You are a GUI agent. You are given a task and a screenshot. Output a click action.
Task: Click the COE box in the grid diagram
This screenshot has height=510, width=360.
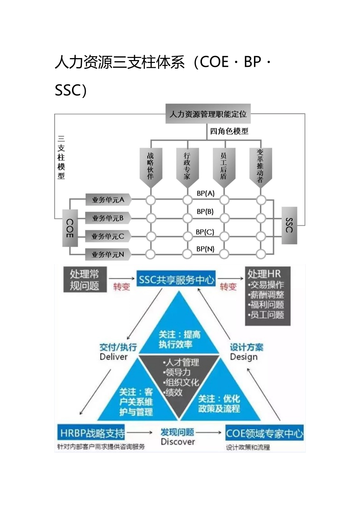tap(70, 228)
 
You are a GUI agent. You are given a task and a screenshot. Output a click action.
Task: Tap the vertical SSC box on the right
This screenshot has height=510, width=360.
tap(289, 225)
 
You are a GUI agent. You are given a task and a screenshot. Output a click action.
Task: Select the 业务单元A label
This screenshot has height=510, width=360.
tap(108, 200)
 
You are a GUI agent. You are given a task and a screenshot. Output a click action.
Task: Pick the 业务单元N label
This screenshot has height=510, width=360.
tap(108, 254)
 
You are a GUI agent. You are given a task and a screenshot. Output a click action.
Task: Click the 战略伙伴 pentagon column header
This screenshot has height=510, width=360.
tap(151, 166)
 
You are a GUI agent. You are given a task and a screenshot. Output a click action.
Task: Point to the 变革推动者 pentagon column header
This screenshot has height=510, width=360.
tap(260, 166)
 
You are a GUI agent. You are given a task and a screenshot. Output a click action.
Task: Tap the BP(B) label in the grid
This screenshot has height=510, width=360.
tap(205, 212)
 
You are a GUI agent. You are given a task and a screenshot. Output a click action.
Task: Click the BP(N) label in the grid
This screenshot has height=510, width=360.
tap(205, 249)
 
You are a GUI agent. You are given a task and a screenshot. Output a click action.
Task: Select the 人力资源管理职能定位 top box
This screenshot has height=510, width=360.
tap(208, 114)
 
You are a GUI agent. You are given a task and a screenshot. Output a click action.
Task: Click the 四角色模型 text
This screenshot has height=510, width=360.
tap(229, 131)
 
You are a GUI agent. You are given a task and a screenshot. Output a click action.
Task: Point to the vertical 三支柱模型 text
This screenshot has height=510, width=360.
tap(61, 157)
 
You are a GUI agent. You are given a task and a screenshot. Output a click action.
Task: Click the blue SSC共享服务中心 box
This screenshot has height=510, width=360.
tap(176, 280)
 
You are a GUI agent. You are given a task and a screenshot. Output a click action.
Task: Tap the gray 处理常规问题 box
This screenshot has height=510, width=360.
tap(84, 280)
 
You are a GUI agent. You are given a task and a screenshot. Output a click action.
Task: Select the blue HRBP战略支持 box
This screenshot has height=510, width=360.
tap(92, 433)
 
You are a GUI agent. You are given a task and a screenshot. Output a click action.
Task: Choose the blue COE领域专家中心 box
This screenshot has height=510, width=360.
tap(265, 433)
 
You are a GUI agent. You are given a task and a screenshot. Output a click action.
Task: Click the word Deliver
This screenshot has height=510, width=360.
tap(114, 357)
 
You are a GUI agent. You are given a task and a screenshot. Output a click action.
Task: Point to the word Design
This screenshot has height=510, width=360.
tap(244, 357)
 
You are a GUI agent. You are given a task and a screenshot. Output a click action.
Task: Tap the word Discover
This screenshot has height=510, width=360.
tap(178, 442)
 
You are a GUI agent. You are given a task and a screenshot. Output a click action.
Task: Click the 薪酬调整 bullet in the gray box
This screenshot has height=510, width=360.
tap(267, 295)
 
